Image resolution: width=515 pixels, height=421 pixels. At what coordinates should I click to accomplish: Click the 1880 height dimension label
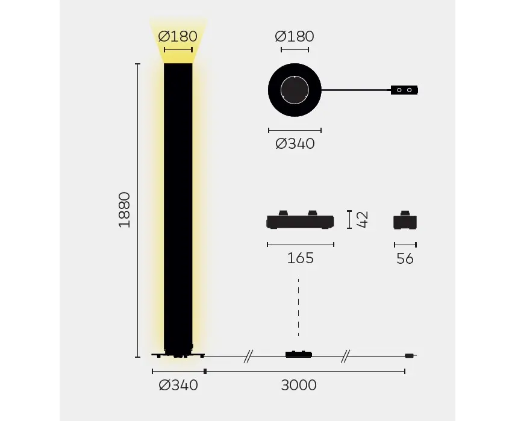(124, 210)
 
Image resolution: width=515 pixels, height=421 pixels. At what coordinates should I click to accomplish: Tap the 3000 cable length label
(299, 385)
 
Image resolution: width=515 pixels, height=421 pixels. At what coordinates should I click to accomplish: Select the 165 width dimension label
(300, 258)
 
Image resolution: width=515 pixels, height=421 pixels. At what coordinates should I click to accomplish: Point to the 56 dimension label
(405, 259)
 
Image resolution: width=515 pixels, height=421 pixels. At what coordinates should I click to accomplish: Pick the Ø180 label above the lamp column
(177, 37)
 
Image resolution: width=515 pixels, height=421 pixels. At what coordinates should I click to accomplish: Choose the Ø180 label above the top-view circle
(295, 37)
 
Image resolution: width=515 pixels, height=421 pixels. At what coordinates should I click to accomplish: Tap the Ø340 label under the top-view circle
(295, 144)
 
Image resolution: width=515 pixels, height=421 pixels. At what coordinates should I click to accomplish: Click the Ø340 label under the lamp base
(178, 385)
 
